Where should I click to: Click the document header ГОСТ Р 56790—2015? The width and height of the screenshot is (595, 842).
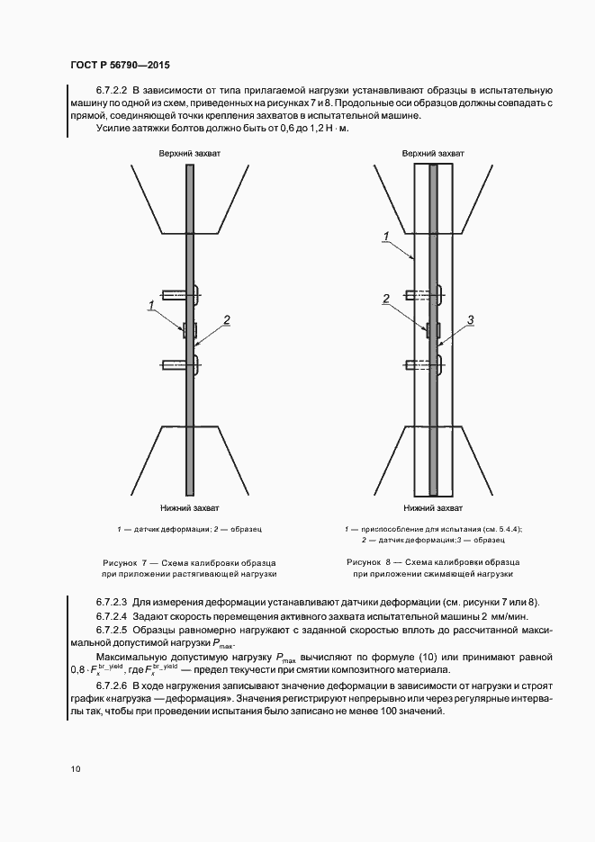click(120, 66)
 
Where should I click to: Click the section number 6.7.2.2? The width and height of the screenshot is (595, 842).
click(113, 91)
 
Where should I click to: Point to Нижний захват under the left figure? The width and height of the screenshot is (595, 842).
click(190, 508)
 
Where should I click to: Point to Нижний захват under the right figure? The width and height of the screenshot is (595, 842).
click(434, 508)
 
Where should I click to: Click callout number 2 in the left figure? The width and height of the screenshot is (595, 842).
click(227, 319)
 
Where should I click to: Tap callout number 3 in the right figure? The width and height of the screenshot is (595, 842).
click(470, 319)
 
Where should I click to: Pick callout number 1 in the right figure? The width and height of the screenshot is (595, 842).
click(384, 237)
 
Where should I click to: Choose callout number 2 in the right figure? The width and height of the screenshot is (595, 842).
click(385, 299)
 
